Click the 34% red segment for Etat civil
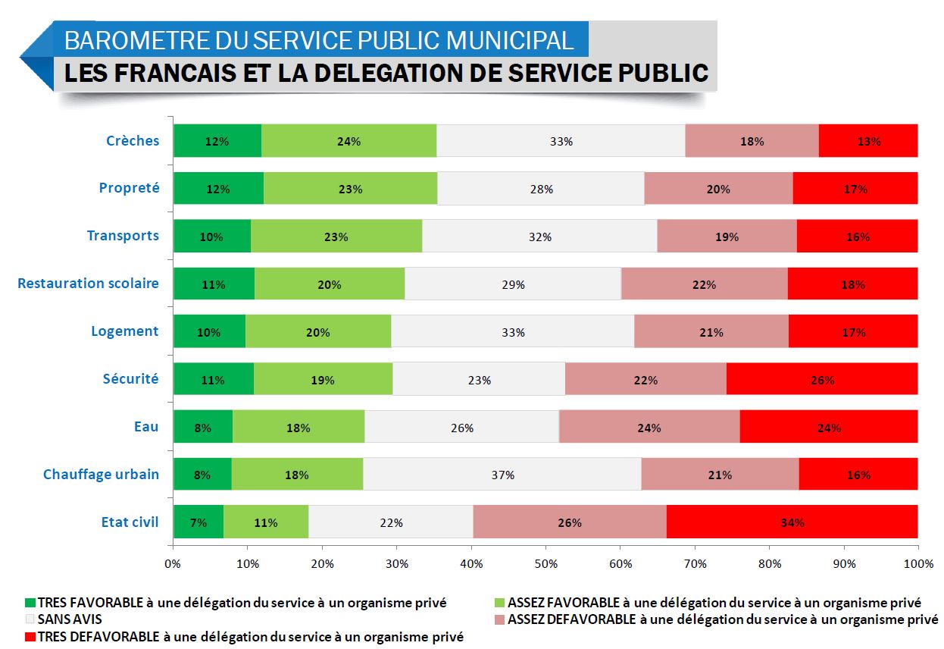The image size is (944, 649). [x=792, y=522]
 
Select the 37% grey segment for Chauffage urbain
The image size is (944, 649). [x=502, y=475]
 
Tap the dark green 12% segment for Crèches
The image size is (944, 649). [x=217, y=141]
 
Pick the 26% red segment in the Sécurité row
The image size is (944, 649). [x=822, y=379]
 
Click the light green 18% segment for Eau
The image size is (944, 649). [x=299, y=427]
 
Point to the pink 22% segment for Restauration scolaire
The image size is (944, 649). [x=704, y=284]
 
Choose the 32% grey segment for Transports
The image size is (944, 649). [x=539, y=236]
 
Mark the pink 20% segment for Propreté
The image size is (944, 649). [x=718, y=188]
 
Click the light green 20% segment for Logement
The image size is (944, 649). [x=318, y=331]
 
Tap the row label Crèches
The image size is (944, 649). [x=133, y=140]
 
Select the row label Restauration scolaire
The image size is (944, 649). [x=89, y=283]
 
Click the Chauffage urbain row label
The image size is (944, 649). [x=101, y=474]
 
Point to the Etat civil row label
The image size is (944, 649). [x=130, y=522]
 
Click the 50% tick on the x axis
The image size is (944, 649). [x=545, y=563]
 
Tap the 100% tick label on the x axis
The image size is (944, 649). [x=917, y=563]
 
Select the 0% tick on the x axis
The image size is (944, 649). [x=173, y=563]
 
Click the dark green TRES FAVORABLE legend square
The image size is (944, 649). [x=30, y=603]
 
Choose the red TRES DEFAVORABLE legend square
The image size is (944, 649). [x=30, y=636]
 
